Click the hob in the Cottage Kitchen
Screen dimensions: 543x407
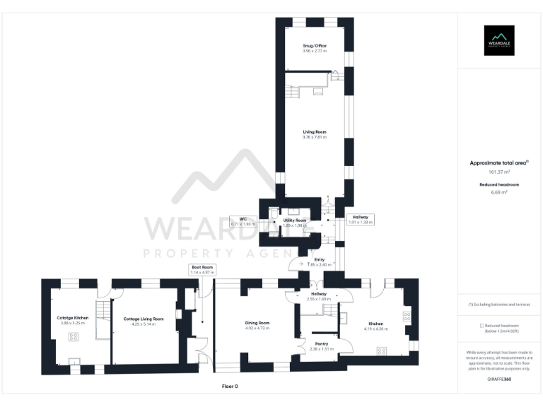(74, 337)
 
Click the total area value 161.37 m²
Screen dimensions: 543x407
(499, 172)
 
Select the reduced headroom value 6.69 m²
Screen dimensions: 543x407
(499, 191)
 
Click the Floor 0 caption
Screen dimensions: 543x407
(230, 387)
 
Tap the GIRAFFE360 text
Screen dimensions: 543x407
(499, 379)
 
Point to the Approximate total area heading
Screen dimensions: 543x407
(499, 163)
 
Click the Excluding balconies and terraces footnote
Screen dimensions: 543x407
(499, 304)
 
